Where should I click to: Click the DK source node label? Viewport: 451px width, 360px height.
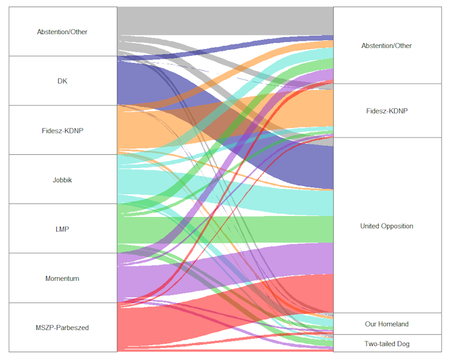click(x=62, y=81)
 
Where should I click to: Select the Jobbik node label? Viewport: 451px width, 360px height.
click(x=62, y=179)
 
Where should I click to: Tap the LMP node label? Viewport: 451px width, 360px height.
click(x=62, y=229)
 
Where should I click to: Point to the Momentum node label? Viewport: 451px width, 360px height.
click(x=62, y=279)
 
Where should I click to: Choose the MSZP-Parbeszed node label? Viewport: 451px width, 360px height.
click(x=62, y=327)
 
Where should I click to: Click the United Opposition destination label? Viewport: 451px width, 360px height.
click(x=386, y=226)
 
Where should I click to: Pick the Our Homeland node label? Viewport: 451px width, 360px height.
click(x=386, y=324)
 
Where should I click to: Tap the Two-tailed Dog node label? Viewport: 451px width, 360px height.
click(x=386, y=344)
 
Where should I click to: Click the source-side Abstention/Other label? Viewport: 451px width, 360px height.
click(x=62, y=32)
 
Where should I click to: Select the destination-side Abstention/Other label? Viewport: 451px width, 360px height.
click(x=386, y=45)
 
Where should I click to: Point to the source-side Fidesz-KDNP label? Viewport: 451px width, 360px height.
click(x=62, y=130)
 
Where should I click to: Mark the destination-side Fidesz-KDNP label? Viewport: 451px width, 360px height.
click(x=386, y=111)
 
